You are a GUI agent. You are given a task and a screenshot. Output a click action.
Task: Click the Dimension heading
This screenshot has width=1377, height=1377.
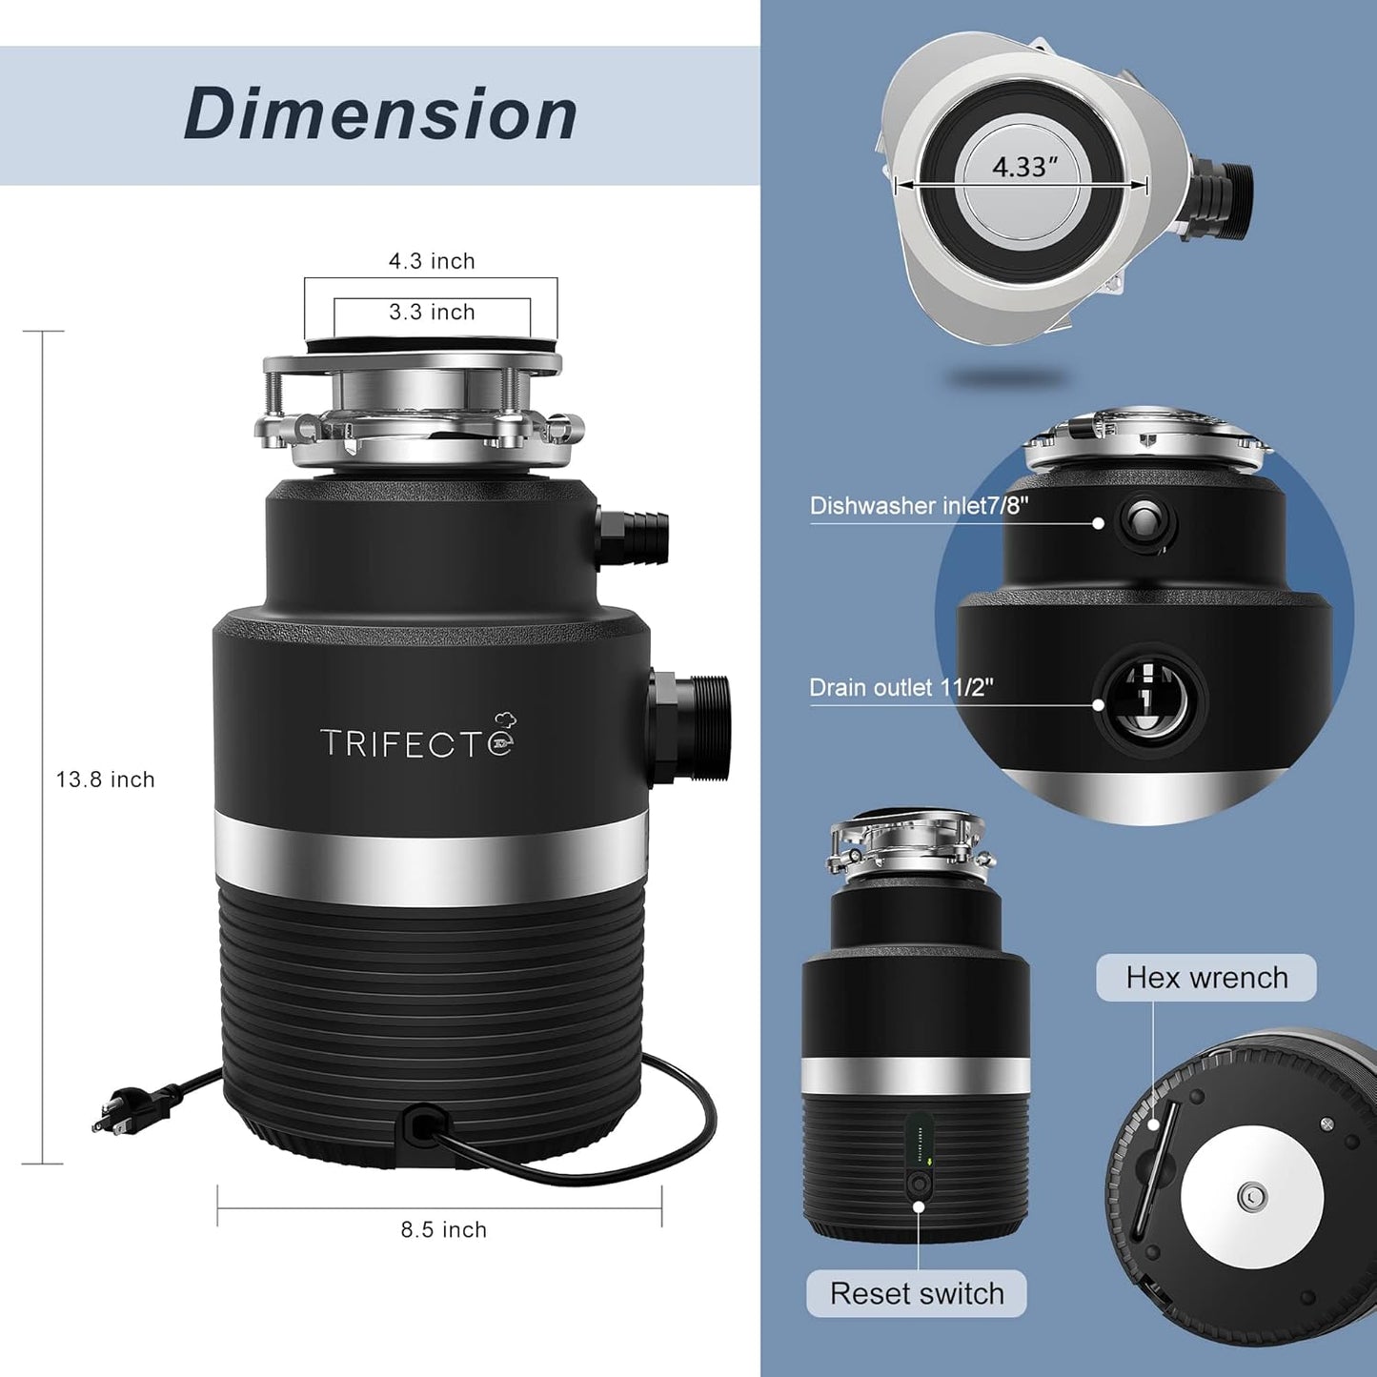coord(380,114)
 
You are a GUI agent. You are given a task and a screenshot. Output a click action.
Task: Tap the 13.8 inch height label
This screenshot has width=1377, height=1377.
coord(105,780)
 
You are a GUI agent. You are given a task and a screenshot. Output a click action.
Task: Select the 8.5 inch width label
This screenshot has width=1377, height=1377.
coord(443,1229)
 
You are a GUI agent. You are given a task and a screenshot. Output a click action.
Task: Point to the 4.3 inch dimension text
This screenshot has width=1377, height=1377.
coord(432,261)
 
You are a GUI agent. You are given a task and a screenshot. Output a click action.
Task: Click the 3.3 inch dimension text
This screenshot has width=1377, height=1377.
coord(432,312)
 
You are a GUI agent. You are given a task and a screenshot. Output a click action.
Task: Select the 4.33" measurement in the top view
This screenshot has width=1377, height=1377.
coord(1024,167)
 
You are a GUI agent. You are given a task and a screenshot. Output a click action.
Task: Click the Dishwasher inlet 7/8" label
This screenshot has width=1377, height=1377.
coord(919,505)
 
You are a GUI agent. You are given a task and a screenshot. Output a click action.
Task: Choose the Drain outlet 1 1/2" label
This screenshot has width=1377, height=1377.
coord(901,687)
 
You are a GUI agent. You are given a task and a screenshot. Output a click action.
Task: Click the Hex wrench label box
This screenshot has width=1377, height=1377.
coord(1205,978)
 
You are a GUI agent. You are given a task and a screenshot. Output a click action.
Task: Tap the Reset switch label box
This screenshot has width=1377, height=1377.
coord(916,1293)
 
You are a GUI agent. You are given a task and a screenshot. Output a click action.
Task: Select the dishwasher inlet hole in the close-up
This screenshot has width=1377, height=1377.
coord(1144,521)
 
